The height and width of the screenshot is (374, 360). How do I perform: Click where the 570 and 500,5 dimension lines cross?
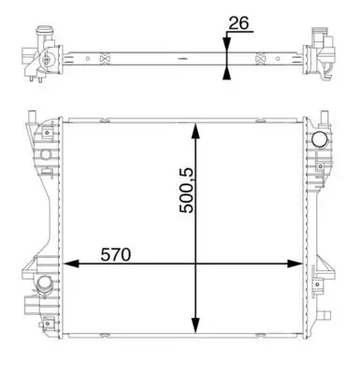(x=195, y=266)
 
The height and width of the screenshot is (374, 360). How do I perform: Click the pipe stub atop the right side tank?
(x=324, y=119)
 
